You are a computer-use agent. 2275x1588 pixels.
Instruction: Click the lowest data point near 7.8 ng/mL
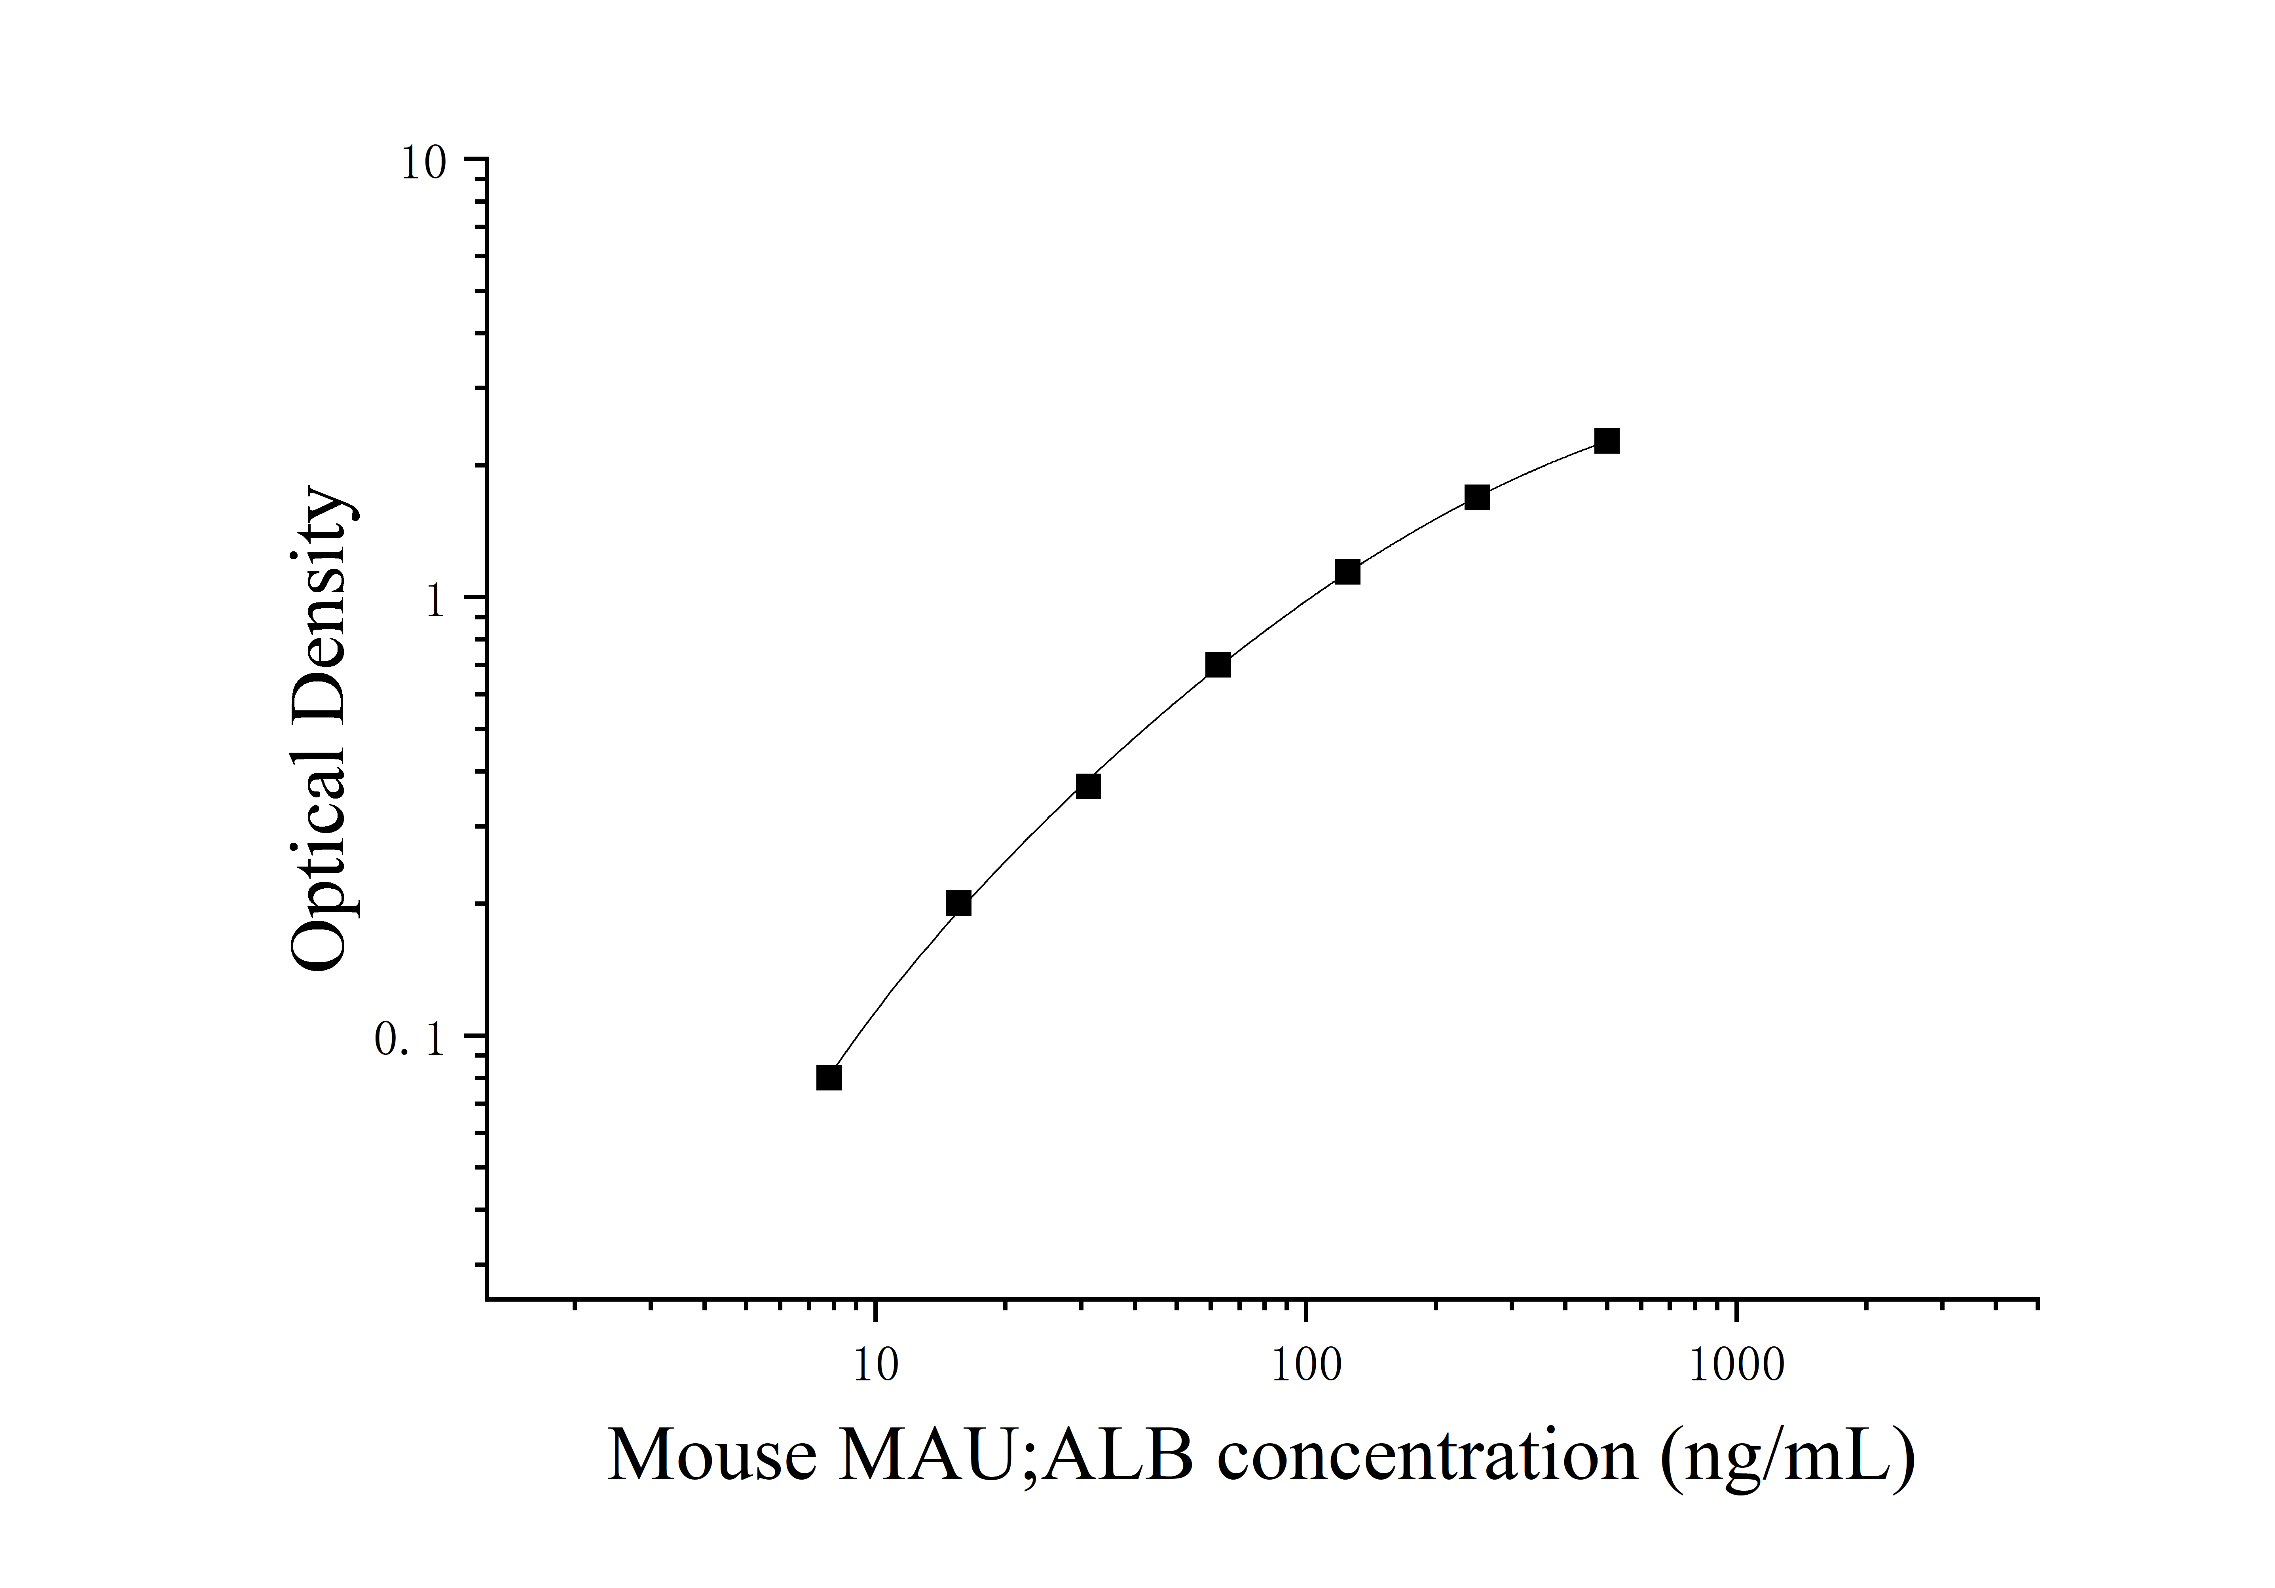[829, 1077]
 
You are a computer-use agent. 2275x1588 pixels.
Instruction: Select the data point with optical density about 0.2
[958, 903]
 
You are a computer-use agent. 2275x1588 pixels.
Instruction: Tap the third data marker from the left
[1088, 785]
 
